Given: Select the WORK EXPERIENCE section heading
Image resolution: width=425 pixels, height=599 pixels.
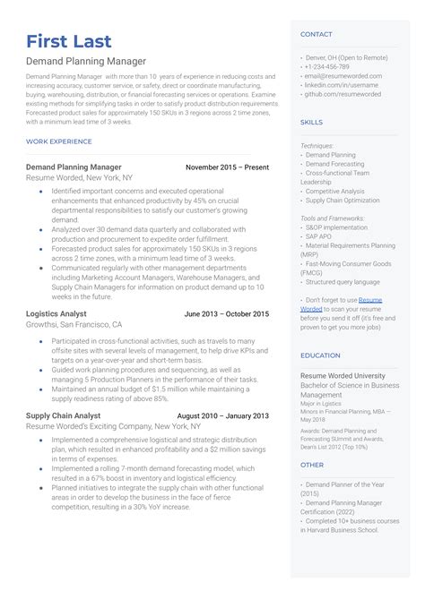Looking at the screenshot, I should pos(59,142).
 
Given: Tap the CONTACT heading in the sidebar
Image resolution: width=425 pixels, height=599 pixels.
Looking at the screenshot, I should pos(316,34).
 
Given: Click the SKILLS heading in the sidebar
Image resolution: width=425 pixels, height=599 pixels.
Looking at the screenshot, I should pos(311,122).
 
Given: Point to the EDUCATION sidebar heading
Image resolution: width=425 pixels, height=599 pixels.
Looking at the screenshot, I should pos(320,355).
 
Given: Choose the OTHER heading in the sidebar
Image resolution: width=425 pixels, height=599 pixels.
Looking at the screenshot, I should pos(312,465).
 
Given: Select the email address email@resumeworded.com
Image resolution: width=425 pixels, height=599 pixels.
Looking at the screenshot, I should pos(343,76).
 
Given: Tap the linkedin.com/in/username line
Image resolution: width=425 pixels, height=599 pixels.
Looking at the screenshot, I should pos(341,85).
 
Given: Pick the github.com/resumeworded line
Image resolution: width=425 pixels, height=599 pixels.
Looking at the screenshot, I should pos(343,94).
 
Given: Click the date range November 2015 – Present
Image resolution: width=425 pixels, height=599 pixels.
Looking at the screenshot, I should pos(227,167).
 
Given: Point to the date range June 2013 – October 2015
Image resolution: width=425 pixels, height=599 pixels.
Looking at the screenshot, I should pos(226,314).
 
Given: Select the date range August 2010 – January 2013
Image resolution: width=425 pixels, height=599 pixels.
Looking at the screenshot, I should pos(222,416).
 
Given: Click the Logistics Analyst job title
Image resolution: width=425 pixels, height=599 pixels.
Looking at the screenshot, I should pos(56,314).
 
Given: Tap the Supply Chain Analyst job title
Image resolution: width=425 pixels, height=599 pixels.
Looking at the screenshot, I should pos(63,416).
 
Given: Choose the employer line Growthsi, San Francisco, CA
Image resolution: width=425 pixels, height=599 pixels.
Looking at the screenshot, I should pos(74,325).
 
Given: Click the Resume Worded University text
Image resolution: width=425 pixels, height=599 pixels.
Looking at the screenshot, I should pos(343,376).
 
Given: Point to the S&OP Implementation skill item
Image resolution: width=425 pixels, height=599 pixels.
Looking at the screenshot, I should pos(336,227).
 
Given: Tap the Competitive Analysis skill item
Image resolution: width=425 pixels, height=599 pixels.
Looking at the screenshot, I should pos(334,191).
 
